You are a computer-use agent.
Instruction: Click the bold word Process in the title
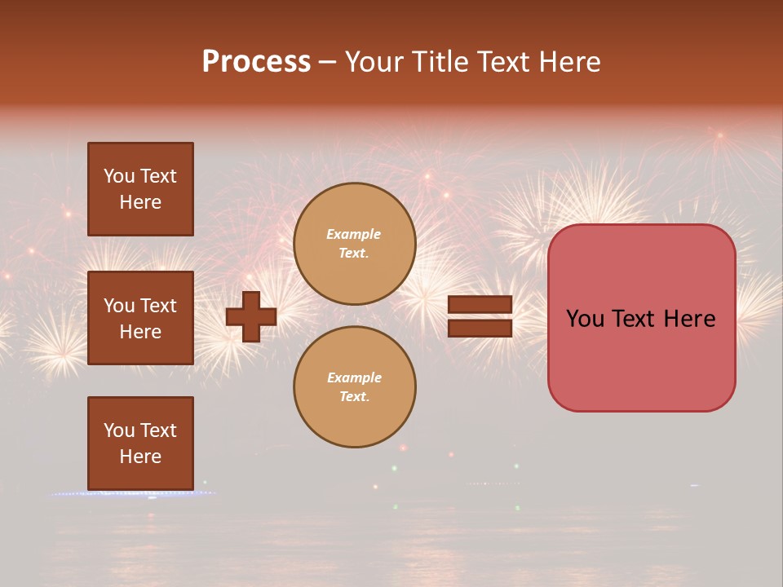point(256,62)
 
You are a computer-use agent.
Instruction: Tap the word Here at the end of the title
point(567,62)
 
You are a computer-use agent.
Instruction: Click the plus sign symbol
point(251,316)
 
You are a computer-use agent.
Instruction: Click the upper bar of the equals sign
point(480,305)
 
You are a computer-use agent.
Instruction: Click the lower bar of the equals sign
point(480,328)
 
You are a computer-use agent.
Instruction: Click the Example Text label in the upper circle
point(354,243)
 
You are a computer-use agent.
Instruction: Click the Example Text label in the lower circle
point(354,386)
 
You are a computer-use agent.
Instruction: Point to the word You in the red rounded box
point(584,319)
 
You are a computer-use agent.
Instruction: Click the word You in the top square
point(119,176)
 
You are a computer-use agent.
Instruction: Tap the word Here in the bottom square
point(140,457)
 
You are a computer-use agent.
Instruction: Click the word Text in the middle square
point(157,306)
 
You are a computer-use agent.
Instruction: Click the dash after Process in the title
point(328,62)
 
